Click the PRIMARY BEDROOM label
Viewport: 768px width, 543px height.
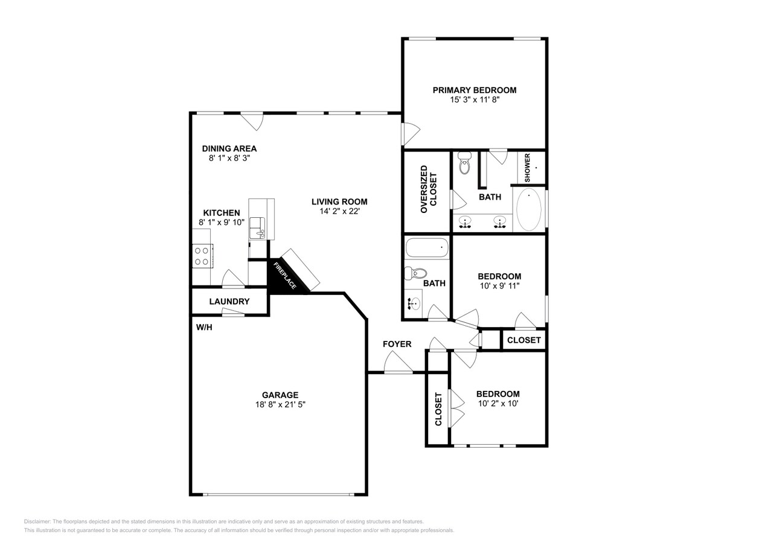tap(474, 90)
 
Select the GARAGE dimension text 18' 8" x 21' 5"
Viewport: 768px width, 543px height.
tap(280, 405)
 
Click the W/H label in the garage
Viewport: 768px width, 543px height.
tap(204, 328)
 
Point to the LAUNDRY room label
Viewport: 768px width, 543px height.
tap(229, 301)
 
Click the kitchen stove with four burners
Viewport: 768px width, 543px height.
tap(201, 256)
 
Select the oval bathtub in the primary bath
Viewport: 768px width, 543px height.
tap(529, 209)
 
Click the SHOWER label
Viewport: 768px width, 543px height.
tap(527, 167)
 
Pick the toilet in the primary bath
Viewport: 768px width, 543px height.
tap(464, 163)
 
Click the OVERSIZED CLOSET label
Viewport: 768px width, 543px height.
tap(428, 189)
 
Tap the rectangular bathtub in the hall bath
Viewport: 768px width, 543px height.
tap(427, 247)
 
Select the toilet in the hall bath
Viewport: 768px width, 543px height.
tap(415, 273)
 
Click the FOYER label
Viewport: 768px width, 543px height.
tap(397, 344)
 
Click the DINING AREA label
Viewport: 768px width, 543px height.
tap(229, 148)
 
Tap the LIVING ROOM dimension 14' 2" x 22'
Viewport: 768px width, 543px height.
tap(339, 211)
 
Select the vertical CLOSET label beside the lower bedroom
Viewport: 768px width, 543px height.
tap(438, 409)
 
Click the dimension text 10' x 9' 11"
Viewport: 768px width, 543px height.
tap(499, 285)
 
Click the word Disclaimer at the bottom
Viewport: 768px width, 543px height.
tap(37, 521)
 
